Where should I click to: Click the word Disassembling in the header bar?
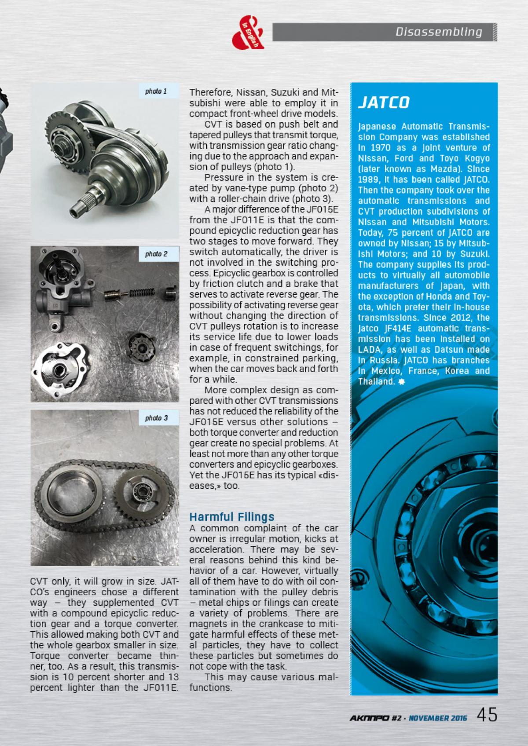point(439,32)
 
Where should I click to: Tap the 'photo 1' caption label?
point(156,92)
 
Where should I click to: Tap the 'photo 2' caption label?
point(156,254)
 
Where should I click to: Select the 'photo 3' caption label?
point(156,418)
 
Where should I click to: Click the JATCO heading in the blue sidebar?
point(384,102)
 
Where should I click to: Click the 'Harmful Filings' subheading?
point(231,516)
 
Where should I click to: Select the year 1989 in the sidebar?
point(367,179)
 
